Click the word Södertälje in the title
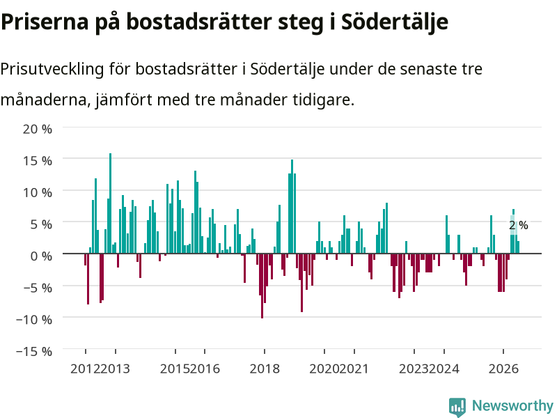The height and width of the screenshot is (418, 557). pos(395,22)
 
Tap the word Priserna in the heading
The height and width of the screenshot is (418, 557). pos(45,22)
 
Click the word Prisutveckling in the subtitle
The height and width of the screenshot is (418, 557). pos(52,68)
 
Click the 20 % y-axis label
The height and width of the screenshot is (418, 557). pos(38,129)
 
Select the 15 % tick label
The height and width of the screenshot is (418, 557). pos(38,161)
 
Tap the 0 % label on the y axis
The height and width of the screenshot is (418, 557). pos(41,256)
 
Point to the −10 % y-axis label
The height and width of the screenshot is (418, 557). pos(34,320)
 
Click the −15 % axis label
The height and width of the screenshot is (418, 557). pos(34,352)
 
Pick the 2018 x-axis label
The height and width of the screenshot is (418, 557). pos(265,369)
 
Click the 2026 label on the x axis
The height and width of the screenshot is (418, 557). pos(503,369)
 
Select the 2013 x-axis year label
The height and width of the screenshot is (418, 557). pos(115,369)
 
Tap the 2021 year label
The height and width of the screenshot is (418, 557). pos(354,369)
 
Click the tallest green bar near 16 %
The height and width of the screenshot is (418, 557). pos(110,203)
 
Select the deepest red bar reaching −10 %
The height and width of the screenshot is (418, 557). pos(262,286)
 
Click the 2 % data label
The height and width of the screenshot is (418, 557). pos(519,225)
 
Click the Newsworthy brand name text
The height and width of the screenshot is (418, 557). pos(512,405)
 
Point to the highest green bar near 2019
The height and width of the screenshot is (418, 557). pos(292,206)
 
